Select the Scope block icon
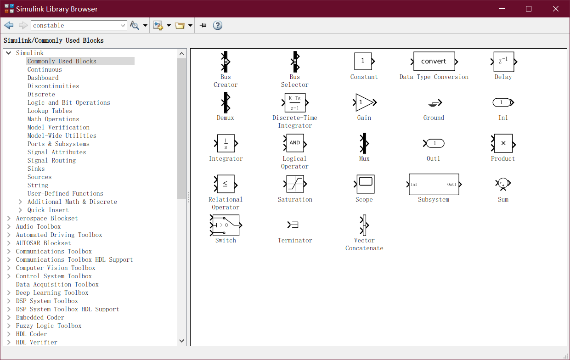(365, 184)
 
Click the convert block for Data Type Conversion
(434, 62)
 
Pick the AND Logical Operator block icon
(295, 143)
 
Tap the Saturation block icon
(295, 184)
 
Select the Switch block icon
(226, 225)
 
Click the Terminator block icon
(293, 225)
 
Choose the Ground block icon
(435, 103)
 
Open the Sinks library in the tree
(36, 169)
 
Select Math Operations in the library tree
(53, 119)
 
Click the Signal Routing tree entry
(51, 160)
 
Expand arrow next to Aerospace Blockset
(9, 218)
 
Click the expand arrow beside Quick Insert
(20, 210)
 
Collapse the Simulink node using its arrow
(9, 53)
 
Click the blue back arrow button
(9, 25)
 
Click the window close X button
(555, 9)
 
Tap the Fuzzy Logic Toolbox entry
(49, 326)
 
